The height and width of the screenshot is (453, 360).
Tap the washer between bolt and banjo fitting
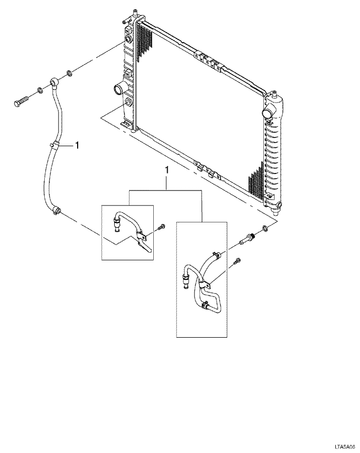pyautogui.click(x=40, y=91)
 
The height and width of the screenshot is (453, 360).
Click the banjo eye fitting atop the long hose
pyautogui.click(x=55, y=82)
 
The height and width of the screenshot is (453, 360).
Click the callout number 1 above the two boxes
pyautogui.click(x=166, y=169)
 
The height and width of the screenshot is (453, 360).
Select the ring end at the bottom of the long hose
pyautogui.click(x=57, y=210)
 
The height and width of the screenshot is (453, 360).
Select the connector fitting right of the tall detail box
pyautogui.click(x=247, y=239)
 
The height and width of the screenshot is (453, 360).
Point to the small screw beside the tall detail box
pyautogui.click(x=236, y=262)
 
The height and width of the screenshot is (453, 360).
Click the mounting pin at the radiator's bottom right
pyautogui.click(x=278, y=207)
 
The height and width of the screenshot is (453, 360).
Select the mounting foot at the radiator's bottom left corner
pyautogui.click(x=125, y=124)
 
